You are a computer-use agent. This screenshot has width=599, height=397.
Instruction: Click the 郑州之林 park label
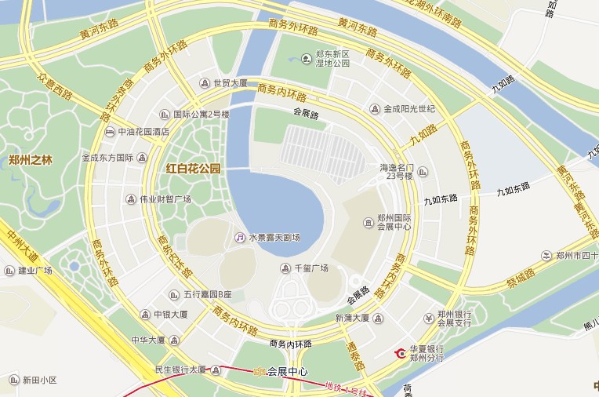[x=30, y=160]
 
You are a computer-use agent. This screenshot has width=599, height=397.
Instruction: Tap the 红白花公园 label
[x=194, y=169]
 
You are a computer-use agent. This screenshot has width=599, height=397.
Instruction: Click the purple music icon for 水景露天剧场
[x=240, y=237]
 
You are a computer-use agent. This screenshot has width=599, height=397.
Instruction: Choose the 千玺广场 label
[x=310, y=268]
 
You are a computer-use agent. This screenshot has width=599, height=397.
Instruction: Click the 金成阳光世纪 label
[x=408, y=109]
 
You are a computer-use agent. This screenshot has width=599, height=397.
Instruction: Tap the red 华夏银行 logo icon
[x=401, y=353]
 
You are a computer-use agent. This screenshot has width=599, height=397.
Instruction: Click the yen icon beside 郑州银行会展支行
[x=428, y=318]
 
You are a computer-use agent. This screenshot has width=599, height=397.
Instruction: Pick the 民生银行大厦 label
[x=180, y=370]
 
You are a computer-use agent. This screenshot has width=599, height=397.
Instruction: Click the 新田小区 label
[x=39, y=381]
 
